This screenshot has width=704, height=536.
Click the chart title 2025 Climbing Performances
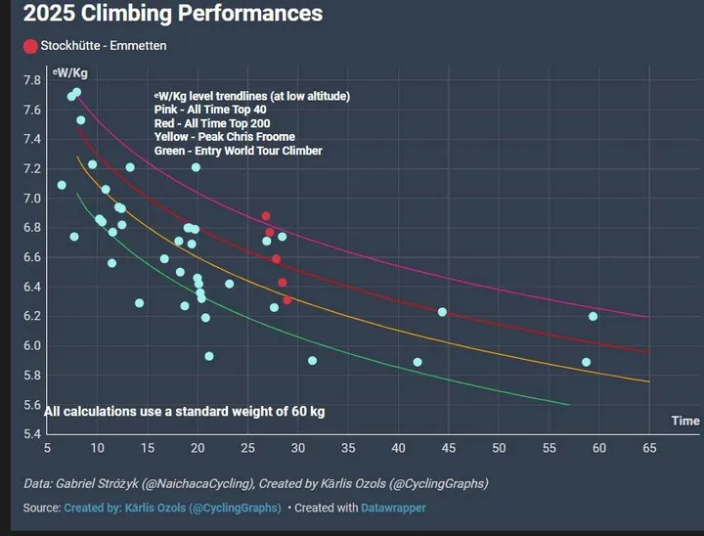click(x=171, y=15)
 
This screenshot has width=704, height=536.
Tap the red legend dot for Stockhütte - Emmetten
click(x=30, y=46)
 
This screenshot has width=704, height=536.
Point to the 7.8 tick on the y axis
click(x=32, y=80)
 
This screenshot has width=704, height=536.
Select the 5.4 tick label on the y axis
click(x=32, y=434)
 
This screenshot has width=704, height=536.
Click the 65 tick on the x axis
click(x=649, y=448)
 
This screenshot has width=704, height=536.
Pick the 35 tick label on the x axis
click(x=348, y=448)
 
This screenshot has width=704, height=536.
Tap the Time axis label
click(x=684, y=421)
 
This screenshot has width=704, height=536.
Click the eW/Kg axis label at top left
click(x=70, y=72)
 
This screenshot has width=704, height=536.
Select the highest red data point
click(x=265, y=216)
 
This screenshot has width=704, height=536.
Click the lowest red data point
click(x=286, y=300)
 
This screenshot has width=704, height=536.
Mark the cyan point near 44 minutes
click(x=442, y=312)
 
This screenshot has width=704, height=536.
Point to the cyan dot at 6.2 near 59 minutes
click(x=593, y=316)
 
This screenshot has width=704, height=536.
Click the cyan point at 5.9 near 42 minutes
click(x=418, y=362)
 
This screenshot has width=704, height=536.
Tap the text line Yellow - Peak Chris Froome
click(x=224, y=137)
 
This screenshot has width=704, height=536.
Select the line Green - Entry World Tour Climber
click(x=238, y=151)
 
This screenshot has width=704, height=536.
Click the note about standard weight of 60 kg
click(x=184, y=412)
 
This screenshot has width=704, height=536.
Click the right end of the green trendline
click(x=568, y=404)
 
